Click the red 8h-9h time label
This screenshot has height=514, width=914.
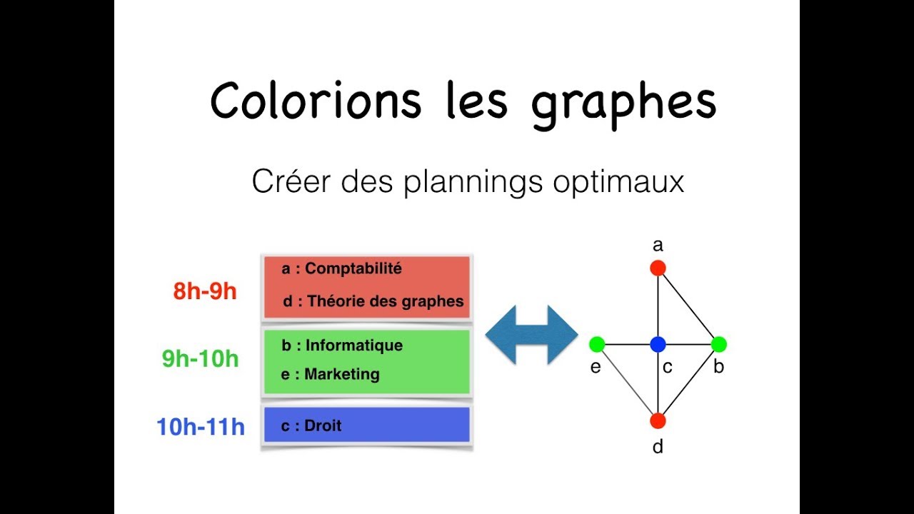pyautogui.click(x=205, y=291)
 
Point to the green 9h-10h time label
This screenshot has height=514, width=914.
pyautogui.click(x=200, y=358)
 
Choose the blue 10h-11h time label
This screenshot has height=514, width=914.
pyautogui.click(x=201, y=427)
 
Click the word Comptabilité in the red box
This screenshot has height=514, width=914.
pyautogui.click(x=353, y=268)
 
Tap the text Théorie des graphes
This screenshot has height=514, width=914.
pyautogui.click(x=386, y=301)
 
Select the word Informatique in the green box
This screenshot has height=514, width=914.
pyautogui.click(x=354, y=346)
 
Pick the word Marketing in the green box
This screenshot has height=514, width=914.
pyautogui.click(x=342, y=374)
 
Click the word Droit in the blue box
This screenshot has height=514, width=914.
pyautogui.click(x=323, y=425)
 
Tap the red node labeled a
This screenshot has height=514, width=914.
pyautogui.click(x=658, y=268)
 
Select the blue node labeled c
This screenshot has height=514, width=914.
pyautogui.click(x=658, y=345)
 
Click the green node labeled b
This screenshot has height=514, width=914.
pyautogui.click(x=718, y=345)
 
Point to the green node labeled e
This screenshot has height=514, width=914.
pyautogui.click(x=597, y=345)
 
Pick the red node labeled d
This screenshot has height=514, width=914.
pyautogui.click(x=658, y=420)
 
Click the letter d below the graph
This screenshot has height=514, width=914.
pyautogui.click(x=658, y=447)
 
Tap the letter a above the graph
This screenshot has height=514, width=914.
pyautogui.click(x=658, y=246)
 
